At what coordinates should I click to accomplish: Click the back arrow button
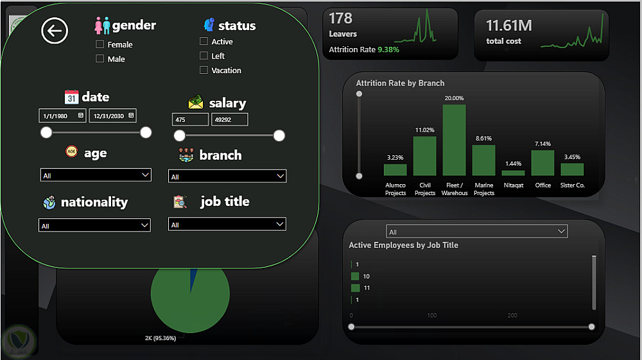(x=55, y=30)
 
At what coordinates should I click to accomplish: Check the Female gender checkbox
(x=100, y=44)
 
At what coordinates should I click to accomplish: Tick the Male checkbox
(x=100, y=58)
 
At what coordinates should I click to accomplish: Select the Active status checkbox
(x=204, y=41)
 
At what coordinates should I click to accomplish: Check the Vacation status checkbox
(x=204, y=70)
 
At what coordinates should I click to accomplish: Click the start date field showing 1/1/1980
(x=62, y=116)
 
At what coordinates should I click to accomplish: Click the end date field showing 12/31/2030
(x=112, y=116)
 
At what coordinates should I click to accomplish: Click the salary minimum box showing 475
(x=190, y=119)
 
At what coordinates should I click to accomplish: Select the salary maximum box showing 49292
(x=229, y=119)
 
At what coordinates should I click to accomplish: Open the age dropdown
(x=96, y=175)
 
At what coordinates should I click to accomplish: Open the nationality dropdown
(x=94, y=225)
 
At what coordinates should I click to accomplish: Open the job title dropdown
(x=227, y=224)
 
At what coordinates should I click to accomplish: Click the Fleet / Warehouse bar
(x=454, y=140)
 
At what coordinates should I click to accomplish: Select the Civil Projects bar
(x=424, y=156)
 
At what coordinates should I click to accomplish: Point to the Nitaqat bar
(x=513, y=173)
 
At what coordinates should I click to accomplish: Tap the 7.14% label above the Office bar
(x=542, y=144)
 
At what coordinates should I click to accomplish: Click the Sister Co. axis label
(x=573, y=185)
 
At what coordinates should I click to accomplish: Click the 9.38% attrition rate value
(x=388, y=49)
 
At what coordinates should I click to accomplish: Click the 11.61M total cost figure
(x=509, y=26)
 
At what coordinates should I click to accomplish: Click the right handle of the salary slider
(x=279, y=135)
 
